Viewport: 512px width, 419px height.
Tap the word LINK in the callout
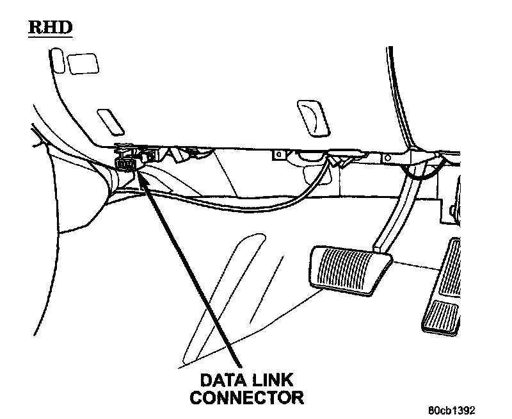(266, 379)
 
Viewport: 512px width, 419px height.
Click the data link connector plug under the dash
(129, 163)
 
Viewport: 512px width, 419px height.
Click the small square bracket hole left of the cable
(279, 154)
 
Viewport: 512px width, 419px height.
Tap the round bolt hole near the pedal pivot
(386, 157)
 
